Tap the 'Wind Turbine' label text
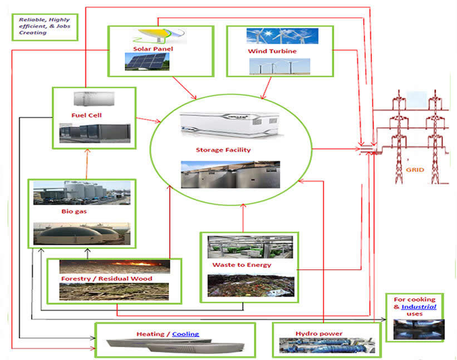[x=272, y=51]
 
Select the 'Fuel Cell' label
[x=86, y=115]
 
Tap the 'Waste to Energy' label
[x=242, y=265]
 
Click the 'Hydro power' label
[x=319, y=334]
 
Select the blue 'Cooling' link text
[x=185, y=334]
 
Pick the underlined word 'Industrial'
[x=419, y=307]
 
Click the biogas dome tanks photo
[x=82, y=233]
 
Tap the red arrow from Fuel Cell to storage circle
[x=147, y=119]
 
